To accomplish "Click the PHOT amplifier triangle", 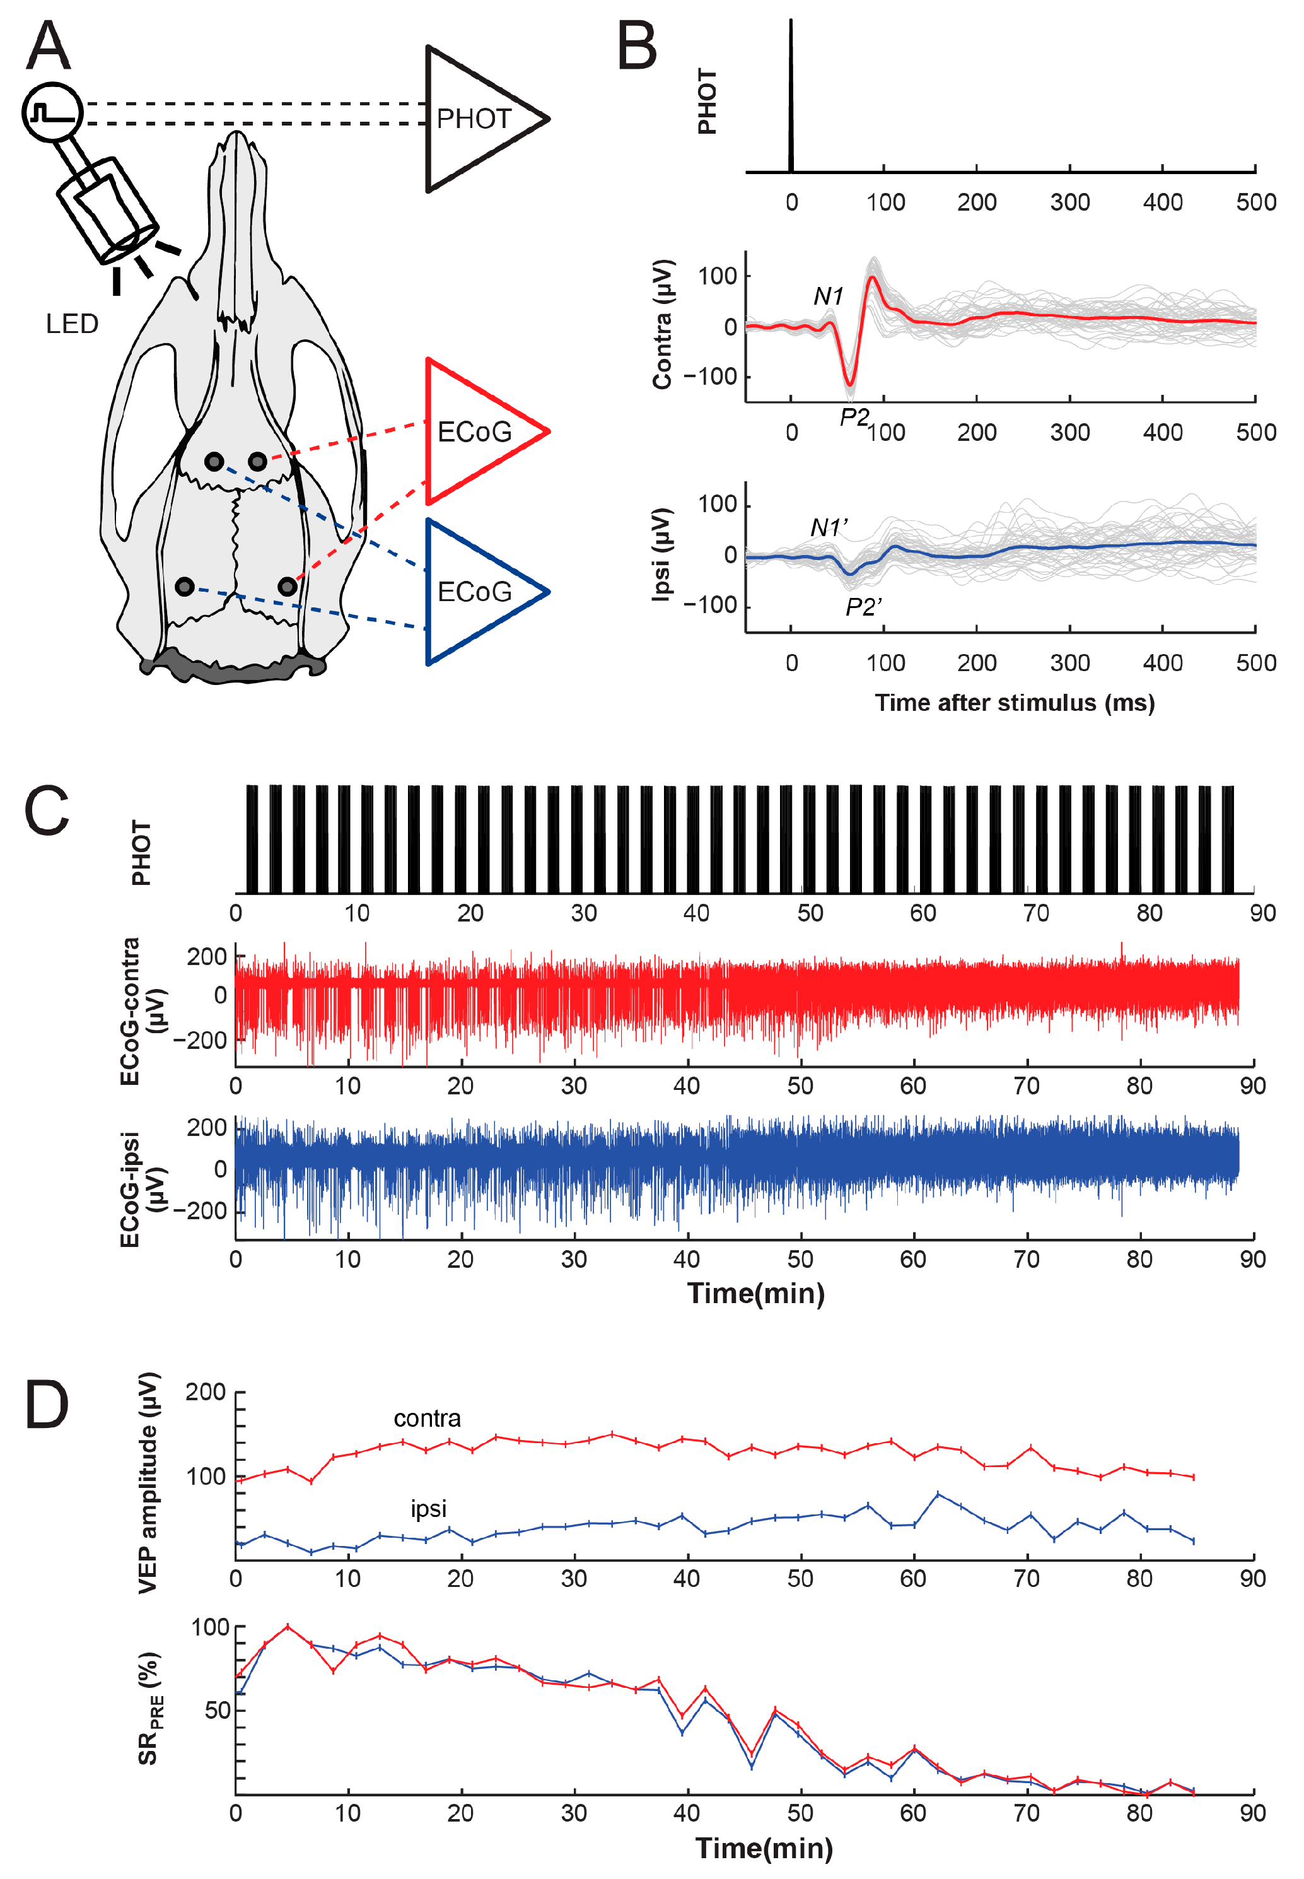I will (474, 119).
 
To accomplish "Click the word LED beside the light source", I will (72, 324).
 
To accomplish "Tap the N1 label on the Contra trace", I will (828, 296).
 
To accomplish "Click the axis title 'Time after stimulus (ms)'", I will (1015, 703).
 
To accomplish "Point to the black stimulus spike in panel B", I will (791, 98).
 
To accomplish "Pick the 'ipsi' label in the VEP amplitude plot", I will (428, 1509).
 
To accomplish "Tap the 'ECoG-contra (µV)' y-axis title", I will (141, 1011).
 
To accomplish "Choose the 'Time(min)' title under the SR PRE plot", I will (764, 1848).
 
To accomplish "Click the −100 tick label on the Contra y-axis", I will (710, 377).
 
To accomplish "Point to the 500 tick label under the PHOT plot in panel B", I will (1255, 202).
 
